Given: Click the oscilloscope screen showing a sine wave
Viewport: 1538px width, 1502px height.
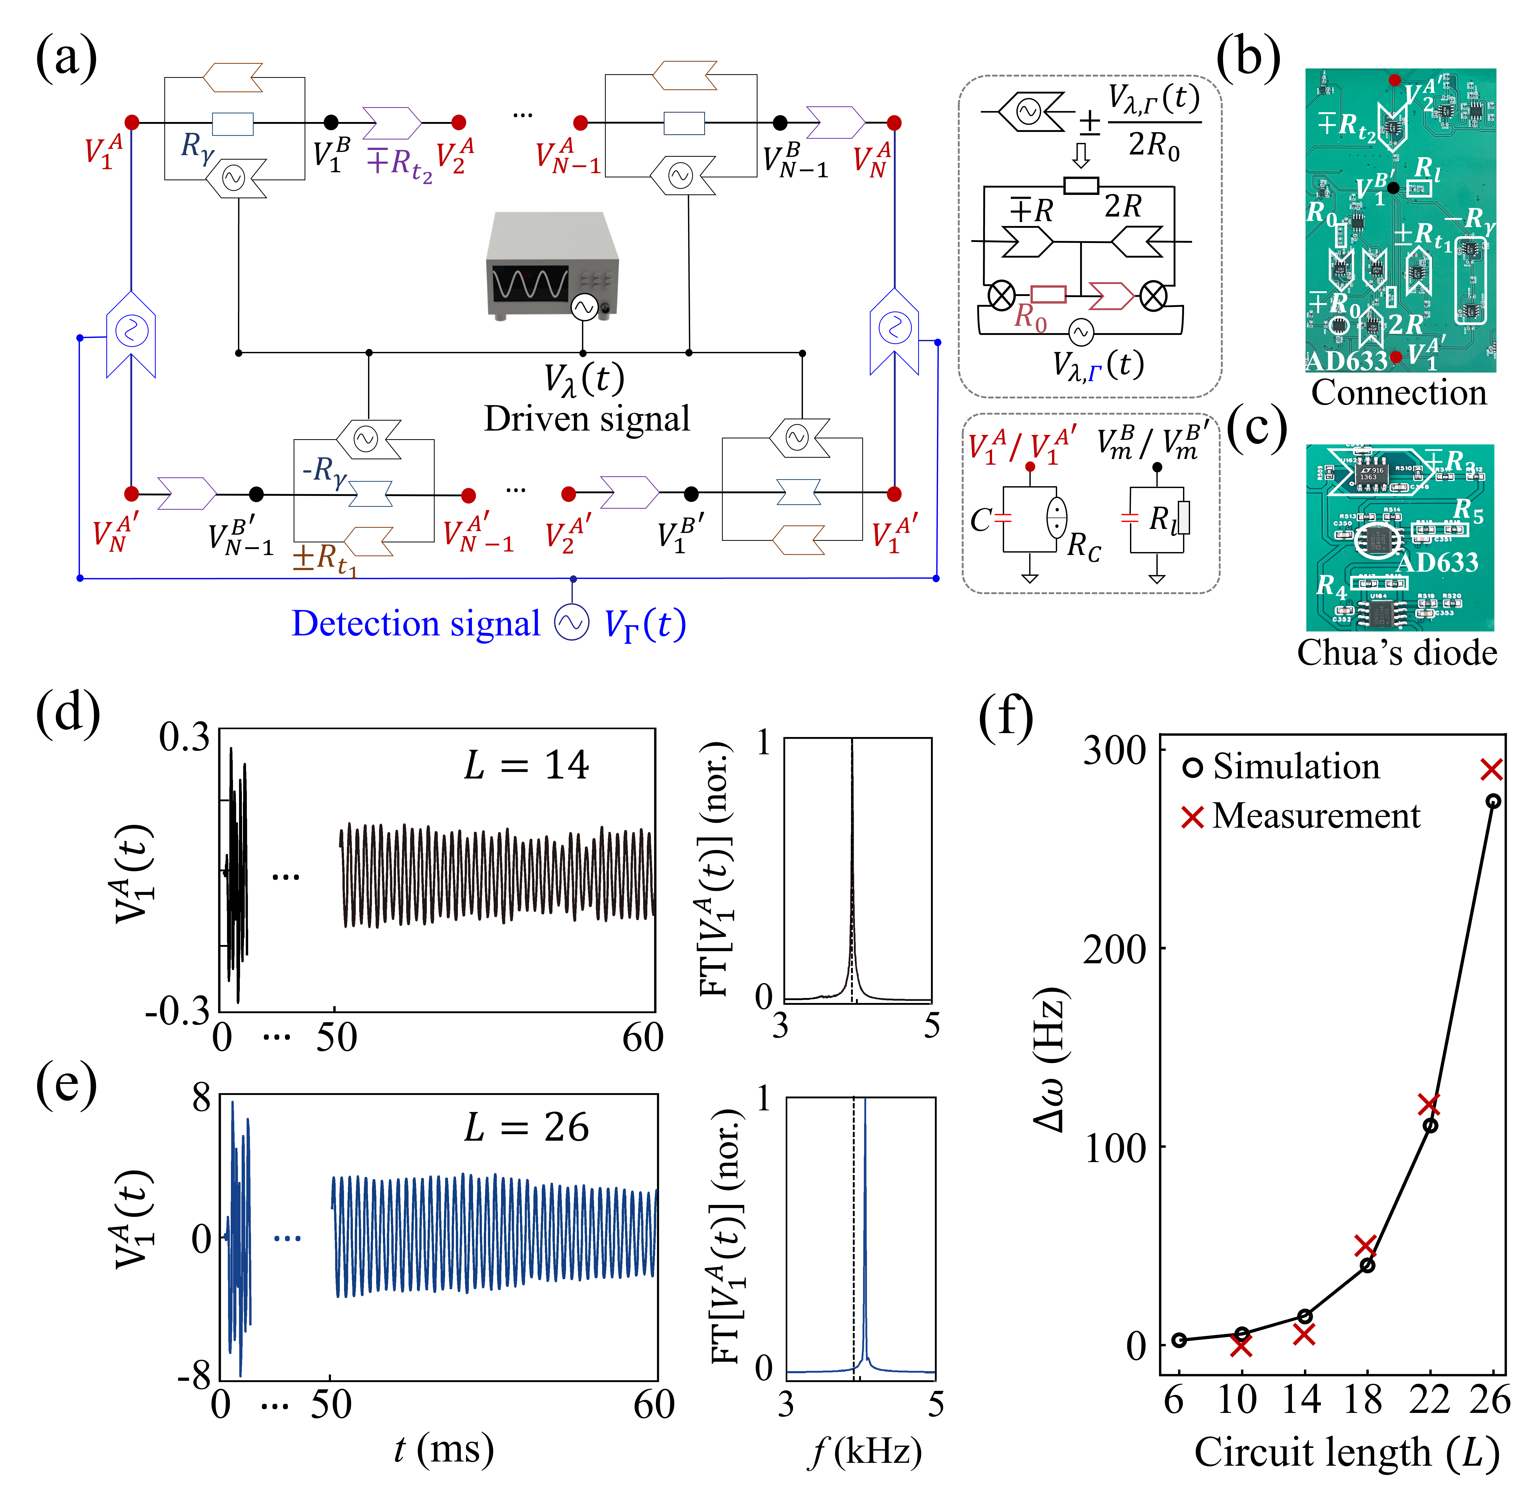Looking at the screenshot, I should click(x=529, y=283).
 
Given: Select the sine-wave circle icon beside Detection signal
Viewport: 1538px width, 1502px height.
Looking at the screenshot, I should click(x=572, y=622).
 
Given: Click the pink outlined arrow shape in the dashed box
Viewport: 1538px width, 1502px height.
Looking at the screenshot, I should click(x=1110, y=297).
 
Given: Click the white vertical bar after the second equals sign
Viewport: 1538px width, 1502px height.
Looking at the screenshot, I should click(x=1183, y=518).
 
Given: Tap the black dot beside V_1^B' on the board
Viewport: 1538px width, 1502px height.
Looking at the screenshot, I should click(x=1393, y=188).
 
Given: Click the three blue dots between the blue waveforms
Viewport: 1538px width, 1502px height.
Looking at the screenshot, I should click(x=287, y=1239).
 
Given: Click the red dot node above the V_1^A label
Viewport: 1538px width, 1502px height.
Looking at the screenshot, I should click(x=132, y=122).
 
